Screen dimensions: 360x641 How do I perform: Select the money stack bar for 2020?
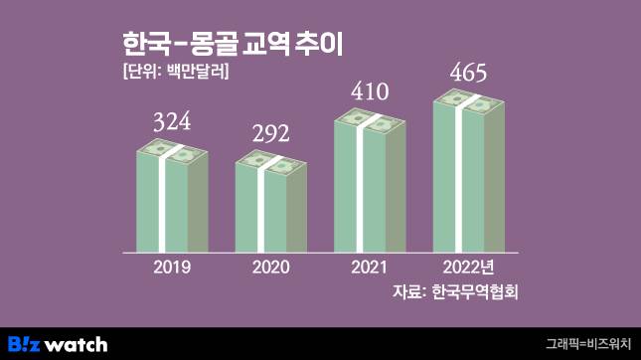pos(270,208)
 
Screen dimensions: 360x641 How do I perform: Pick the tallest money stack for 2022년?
pos(468,174)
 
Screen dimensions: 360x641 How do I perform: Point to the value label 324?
pos(171,124)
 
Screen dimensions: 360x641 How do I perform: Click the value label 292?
pos(270,134)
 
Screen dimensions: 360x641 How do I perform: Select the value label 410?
pos(370,93)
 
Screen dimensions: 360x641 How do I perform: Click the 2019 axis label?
pos(172,268)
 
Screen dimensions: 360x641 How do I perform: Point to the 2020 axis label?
pos(270,268)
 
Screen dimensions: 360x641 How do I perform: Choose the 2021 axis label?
pos(370,268)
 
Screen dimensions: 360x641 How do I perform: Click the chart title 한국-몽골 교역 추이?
pos(239,45)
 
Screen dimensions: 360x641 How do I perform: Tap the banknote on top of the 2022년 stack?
pos(468,101)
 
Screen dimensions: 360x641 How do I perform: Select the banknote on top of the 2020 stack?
pos(270,162)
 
